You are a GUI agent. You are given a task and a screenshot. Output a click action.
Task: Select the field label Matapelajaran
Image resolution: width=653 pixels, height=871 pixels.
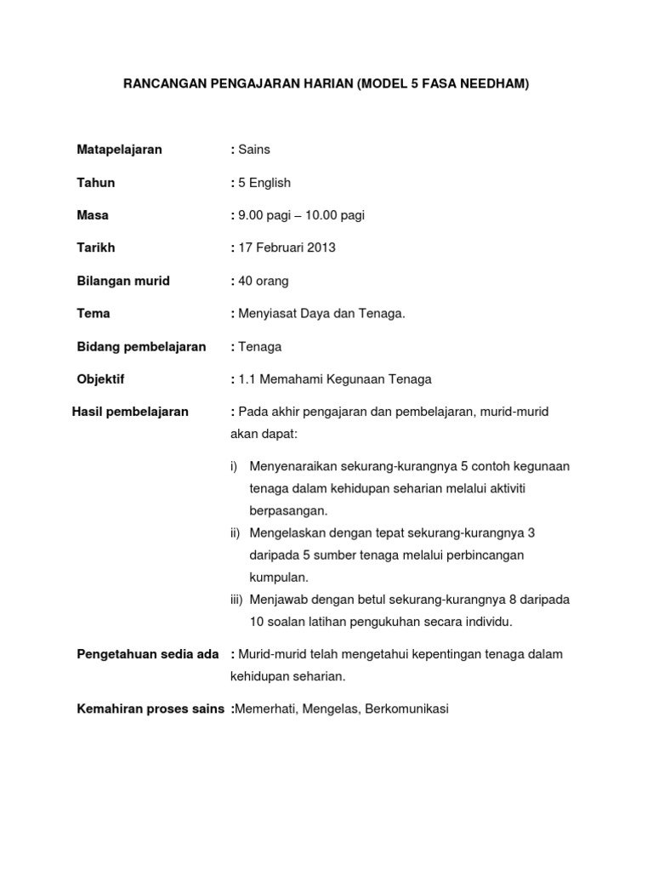119,150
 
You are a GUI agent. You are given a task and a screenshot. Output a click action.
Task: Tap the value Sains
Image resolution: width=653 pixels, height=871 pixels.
254,150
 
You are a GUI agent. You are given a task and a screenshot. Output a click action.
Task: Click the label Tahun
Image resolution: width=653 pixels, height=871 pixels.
96,183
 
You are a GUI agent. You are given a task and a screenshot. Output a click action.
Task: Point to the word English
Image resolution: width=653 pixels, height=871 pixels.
270,183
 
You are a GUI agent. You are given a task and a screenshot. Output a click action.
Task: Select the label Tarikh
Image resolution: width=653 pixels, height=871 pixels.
96,248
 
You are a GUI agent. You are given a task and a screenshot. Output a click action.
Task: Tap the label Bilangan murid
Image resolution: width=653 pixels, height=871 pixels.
123,281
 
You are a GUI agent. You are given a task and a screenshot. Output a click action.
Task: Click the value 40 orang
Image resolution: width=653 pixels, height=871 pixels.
264,281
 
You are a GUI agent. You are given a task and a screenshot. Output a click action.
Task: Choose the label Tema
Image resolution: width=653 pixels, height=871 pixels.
94,313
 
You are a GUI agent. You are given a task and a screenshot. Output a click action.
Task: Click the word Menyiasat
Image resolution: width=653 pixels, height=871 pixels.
267,313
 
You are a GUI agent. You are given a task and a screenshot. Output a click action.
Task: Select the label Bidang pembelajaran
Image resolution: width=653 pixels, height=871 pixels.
141,346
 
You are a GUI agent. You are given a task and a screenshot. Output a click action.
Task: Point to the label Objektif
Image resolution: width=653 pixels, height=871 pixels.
100,379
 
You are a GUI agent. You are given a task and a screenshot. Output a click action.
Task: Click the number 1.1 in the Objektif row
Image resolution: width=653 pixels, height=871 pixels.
248,379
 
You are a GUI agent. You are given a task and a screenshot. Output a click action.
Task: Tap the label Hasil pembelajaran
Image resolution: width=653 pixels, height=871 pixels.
130,412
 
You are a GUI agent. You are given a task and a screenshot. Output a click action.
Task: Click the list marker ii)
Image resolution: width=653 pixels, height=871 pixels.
236,532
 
